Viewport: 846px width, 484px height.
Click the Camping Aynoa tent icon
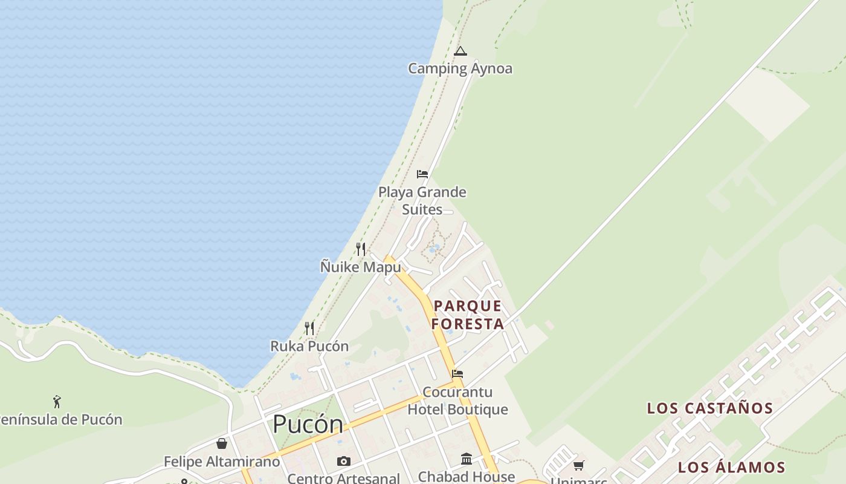[460, 51]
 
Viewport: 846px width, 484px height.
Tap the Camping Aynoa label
[460, 68]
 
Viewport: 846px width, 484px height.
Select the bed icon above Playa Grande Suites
[422, 174]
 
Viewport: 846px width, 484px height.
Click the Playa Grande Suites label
[422, 201]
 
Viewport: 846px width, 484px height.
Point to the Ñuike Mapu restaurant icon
[361, 249]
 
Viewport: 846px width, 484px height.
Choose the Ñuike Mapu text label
[360, 267]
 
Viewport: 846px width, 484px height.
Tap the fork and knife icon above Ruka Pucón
[309, 329]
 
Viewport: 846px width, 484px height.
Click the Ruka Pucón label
[309, 346]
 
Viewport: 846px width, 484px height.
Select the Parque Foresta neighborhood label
[468, 315]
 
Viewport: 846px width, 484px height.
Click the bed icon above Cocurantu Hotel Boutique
[457, 374]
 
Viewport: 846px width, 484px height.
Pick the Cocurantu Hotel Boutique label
[457, 401]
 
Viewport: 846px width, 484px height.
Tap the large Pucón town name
[308, 424]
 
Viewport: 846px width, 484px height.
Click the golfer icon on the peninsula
[57, 402]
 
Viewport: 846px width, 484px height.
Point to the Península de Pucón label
[60, 419]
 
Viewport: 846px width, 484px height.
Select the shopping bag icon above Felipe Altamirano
[222, 443]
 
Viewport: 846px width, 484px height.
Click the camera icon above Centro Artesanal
[344, 462]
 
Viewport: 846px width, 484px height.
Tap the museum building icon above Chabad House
[467, 459]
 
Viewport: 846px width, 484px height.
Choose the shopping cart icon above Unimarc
[579, 465]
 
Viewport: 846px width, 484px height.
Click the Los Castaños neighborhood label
[710, 408]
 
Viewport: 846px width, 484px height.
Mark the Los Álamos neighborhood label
[731, 467]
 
